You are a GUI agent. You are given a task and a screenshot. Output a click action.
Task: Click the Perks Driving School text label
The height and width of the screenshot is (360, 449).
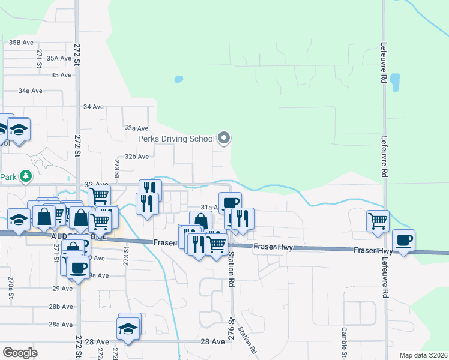point(176,139)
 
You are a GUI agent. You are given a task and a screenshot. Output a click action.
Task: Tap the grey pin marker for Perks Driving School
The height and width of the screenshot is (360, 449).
point(224,139)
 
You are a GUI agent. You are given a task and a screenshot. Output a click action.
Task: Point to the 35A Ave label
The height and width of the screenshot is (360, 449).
point(60,58)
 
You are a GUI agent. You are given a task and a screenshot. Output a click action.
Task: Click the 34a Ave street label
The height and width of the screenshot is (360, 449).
point(30,91)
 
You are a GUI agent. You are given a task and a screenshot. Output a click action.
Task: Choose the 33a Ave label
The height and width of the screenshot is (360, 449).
point(136,128)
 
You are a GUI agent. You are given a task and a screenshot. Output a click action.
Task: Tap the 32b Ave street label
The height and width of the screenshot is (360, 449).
point(136,157)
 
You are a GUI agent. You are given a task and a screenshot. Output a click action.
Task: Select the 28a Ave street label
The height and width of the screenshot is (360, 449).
point(61,325)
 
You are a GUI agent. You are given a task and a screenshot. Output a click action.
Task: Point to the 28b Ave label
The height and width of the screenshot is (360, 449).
point(61,307)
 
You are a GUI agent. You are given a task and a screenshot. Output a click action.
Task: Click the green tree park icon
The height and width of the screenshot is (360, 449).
point(25,176)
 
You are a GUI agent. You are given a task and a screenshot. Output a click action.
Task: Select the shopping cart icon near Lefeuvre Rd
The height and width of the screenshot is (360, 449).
point(378,220)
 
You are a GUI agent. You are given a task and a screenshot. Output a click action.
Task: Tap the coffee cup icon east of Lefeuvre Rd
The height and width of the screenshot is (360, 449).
point(403,240)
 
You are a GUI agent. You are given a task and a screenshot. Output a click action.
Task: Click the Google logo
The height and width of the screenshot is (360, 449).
point(20,352)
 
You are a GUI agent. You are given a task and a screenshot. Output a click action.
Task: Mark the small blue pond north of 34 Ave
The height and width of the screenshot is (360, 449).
point(178,79)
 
